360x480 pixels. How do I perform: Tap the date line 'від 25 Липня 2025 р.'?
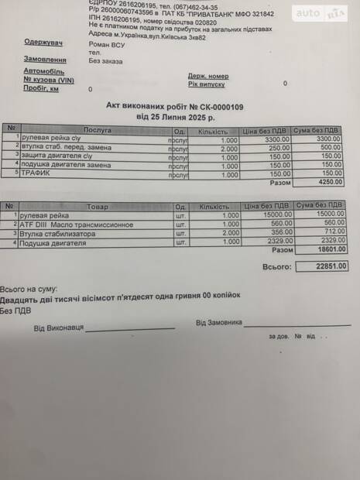pos(175,117)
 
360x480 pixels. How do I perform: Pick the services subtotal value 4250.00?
pos(331,183)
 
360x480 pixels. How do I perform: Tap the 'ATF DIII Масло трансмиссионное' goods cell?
pos(76,225)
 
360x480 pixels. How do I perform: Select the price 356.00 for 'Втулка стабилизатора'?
pos(269,233)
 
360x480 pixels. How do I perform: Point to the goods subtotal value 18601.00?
pos(331,251)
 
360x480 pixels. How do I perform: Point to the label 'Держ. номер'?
pos(207,76)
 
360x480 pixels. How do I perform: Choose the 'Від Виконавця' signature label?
pos(58,328)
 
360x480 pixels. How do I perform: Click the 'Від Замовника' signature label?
pos(218,322)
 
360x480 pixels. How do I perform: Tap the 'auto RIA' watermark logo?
pos(319,12)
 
